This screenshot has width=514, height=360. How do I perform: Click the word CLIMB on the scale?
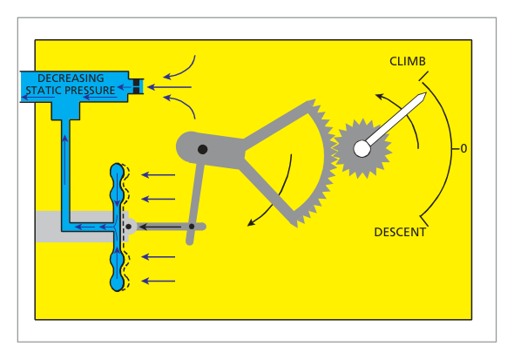(408, 61)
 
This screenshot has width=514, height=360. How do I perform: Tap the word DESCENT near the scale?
(400, 232)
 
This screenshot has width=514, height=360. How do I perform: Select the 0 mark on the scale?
(463, 149)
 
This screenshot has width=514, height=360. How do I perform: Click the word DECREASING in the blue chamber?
(71, 78)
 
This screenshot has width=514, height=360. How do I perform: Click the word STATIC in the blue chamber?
(44, 90)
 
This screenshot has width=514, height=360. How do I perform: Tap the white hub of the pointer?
(362, 149)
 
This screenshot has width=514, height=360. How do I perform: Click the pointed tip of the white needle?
(425, 94)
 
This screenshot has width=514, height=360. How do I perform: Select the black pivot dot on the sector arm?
(203, 150)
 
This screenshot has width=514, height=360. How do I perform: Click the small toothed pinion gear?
(362, 149)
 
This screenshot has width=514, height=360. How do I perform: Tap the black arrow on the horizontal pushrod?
(160, 227)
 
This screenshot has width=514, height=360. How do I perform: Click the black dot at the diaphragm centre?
(129, 227)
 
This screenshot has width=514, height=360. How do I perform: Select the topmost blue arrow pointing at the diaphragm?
(158, 174)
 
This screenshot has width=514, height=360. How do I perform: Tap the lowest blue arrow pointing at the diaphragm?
(158, 281)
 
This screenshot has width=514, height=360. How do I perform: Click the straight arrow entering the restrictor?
(169, 87)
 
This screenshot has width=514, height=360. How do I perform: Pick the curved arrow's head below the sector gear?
(251, 223)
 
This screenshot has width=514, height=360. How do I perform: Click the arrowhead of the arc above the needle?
(379, 97)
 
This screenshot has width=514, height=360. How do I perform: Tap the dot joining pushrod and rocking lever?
(192, 227)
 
